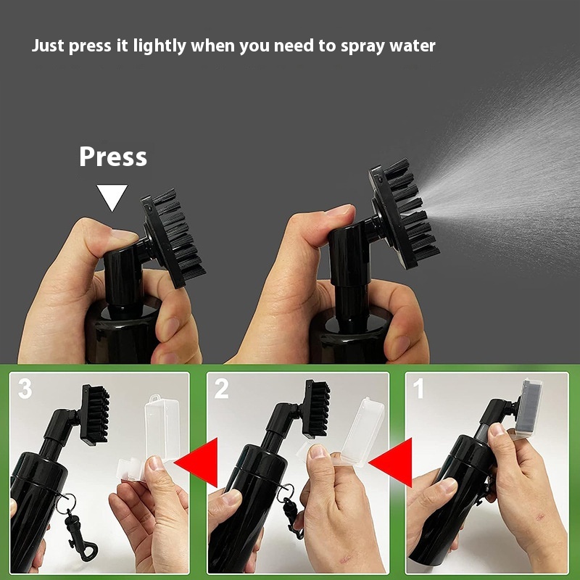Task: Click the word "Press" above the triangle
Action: (x=113, y=157)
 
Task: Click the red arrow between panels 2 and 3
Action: (x=196, y=463)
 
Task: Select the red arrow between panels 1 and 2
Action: (x=391, y=463)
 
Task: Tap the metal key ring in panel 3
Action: (x=66, y=504)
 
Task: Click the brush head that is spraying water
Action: (x=403, y=214)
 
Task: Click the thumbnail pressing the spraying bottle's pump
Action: (x=339, y=210)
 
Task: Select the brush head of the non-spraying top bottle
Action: (x=173, y=238)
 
